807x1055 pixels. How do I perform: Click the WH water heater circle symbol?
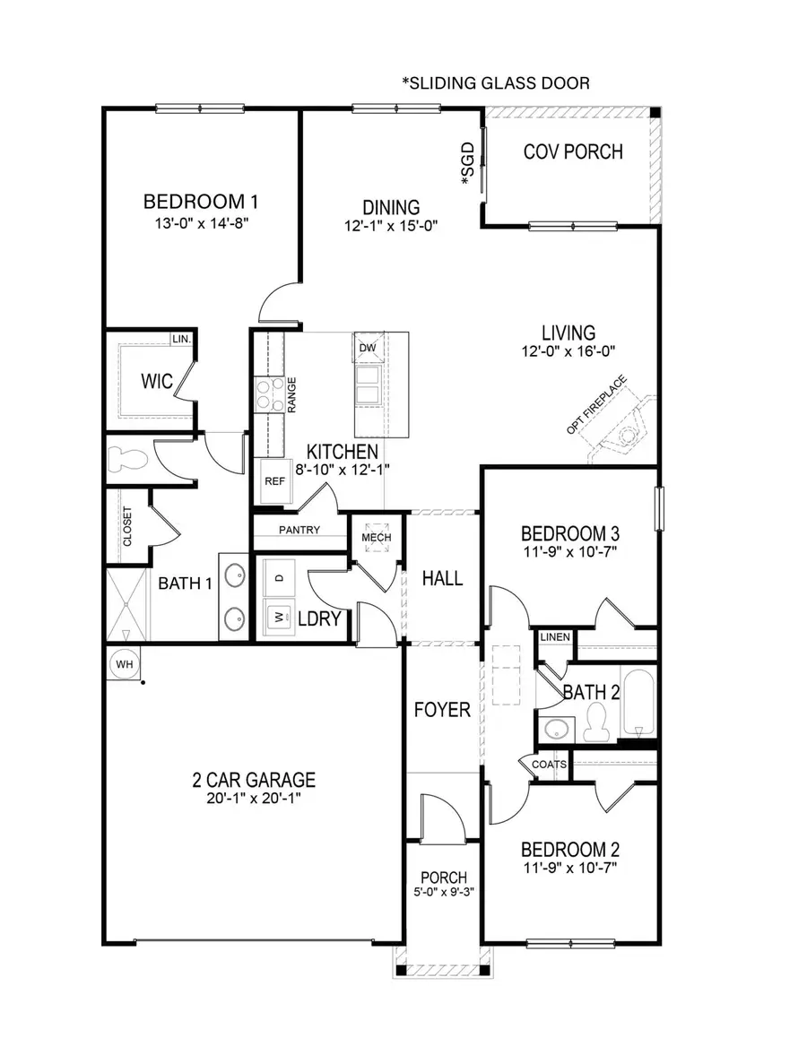coord(123,664)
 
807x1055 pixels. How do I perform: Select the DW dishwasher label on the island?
coord(368,348)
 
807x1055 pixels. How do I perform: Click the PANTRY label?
coord(299,530)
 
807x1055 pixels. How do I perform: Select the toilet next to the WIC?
coord(126,460)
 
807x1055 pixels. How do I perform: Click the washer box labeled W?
coord(278,618)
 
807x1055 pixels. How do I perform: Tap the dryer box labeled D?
coord(279,578)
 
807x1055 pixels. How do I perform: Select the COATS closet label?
coord(549,765)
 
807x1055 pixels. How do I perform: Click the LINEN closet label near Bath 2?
coord(554,637)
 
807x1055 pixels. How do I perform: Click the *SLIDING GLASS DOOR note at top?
coord(496,83)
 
